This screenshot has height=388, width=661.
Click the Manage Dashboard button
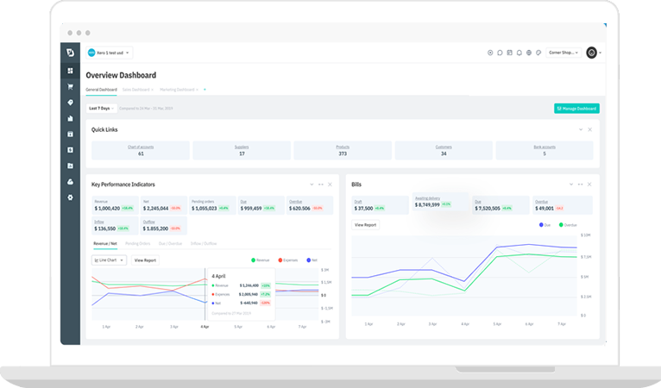pos(576,109)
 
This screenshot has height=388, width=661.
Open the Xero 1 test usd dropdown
pos(109,53)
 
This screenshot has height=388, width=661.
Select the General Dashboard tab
pos(101,89)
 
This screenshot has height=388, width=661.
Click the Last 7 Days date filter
pos(101,109)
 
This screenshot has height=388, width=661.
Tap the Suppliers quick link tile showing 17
pos(242,150)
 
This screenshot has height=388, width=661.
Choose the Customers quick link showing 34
pos(444,150)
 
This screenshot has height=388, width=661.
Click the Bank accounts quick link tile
pos(544,150)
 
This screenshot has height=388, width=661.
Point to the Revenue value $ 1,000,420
pos(108,208)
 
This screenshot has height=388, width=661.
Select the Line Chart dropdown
pos(110,260)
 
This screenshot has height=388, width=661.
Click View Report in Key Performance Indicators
pos(144,260)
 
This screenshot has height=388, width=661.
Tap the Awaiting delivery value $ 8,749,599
pos(429,204)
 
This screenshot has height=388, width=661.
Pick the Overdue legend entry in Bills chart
pos(565,224)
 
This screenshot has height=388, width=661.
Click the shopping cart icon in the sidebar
pos(70,86)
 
